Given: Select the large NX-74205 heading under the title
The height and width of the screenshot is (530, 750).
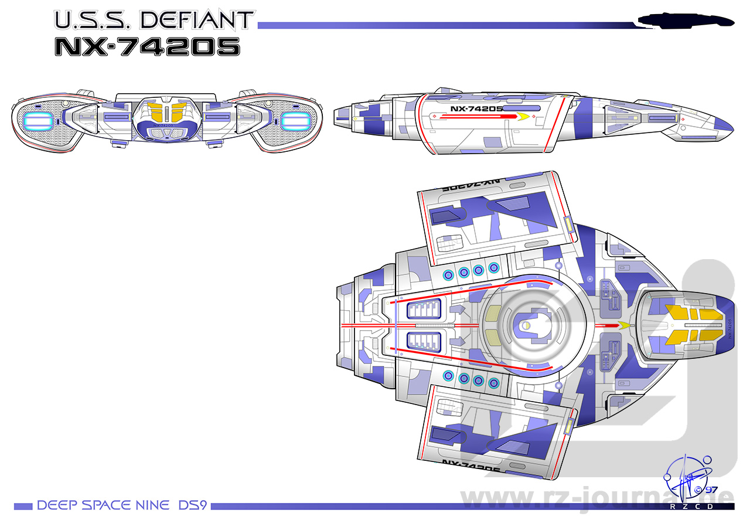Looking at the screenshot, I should [x=146, y=46].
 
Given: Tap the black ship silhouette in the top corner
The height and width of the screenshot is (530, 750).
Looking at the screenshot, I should [x=686, y=21].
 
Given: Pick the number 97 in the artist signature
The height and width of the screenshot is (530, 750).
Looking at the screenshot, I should [x=711, y=490].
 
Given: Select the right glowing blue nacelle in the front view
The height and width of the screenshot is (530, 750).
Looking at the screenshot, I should [x=295, y=121].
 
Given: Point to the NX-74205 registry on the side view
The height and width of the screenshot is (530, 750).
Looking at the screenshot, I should [x=476, y=108].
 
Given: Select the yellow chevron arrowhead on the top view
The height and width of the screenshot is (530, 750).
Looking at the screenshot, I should [x=625, y=325].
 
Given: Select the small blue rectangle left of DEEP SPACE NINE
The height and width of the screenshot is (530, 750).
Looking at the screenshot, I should [x=23, y=506].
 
